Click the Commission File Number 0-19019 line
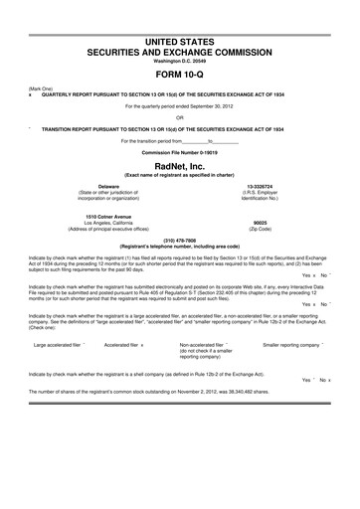179,150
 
